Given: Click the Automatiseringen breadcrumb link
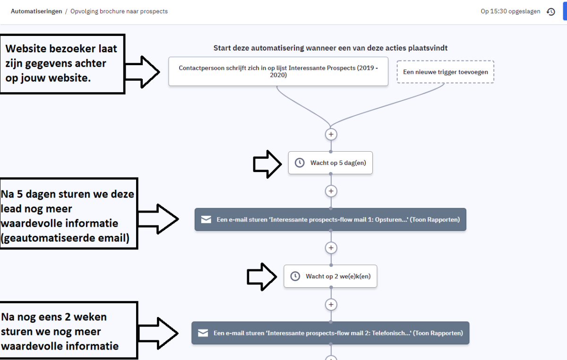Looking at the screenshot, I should (36, 11).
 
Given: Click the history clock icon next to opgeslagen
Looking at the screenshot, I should (551, 12).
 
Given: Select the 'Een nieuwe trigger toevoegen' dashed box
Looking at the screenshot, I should (445, 72).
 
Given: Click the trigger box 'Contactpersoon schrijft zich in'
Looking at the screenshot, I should (278, 71).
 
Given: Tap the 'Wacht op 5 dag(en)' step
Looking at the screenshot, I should (330, 163).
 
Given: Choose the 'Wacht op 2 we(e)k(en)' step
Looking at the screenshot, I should (330, 276).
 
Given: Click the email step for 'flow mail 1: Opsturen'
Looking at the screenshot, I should (330, 219).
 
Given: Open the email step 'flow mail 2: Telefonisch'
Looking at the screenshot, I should (330, 333).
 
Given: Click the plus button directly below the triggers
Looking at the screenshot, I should (331, 134).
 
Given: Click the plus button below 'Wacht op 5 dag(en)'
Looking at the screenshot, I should (331, 191).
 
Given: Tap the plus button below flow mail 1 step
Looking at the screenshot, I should (331, 248).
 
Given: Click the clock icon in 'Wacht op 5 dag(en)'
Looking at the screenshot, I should (300, 163).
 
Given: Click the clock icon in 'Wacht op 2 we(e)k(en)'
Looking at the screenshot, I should (295, 276).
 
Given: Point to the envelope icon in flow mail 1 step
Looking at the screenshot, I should (206, 219).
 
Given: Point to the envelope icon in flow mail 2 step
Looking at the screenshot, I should (203, 333).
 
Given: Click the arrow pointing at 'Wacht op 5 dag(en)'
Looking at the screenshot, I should (267, 163).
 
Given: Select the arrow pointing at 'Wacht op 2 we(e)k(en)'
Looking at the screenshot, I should (262, 277).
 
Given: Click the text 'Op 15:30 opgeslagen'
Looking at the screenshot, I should (510, 11).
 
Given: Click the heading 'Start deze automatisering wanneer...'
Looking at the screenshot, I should (330, 48).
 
